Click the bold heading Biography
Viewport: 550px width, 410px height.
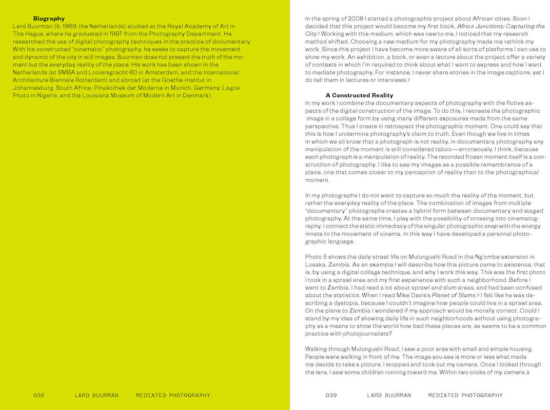49,18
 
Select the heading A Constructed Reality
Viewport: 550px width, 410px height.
359,95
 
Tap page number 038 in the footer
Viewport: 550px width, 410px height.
39,395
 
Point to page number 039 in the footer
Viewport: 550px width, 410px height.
331,395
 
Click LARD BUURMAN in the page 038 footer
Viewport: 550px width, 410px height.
96,395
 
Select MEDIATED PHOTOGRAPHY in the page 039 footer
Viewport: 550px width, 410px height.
465,395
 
